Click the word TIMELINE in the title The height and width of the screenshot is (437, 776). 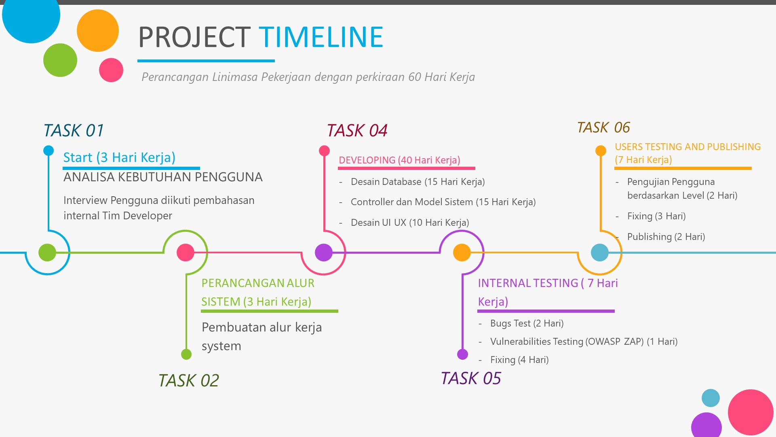321,37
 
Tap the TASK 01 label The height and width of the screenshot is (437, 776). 74,131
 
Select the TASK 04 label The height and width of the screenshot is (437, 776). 357,131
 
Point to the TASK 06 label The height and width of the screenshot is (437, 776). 603,127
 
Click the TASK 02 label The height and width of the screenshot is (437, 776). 189,381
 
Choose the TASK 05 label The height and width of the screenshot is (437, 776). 471,379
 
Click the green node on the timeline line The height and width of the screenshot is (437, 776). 47,252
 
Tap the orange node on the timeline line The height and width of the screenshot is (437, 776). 462,252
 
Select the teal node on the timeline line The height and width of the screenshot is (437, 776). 600,252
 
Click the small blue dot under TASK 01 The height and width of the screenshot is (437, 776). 48,151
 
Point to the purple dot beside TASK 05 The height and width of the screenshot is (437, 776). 462,354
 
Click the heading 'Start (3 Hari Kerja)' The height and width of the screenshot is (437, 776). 119,157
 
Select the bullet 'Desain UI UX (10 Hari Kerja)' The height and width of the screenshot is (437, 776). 410,223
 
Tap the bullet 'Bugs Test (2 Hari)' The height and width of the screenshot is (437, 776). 527,323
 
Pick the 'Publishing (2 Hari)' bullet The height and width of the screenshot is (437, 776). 666,237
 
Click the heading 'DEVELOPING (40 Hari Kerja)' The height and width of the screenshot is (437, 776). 399,160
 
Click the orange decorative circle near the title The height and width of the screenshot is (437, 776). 98,31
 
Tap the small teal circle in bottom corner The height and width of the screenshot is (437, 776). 711,398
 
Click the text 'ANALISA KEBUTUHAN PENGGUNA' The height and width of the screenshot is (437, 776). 163,177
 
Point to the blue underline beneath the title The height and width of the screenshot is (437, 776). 206,61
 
